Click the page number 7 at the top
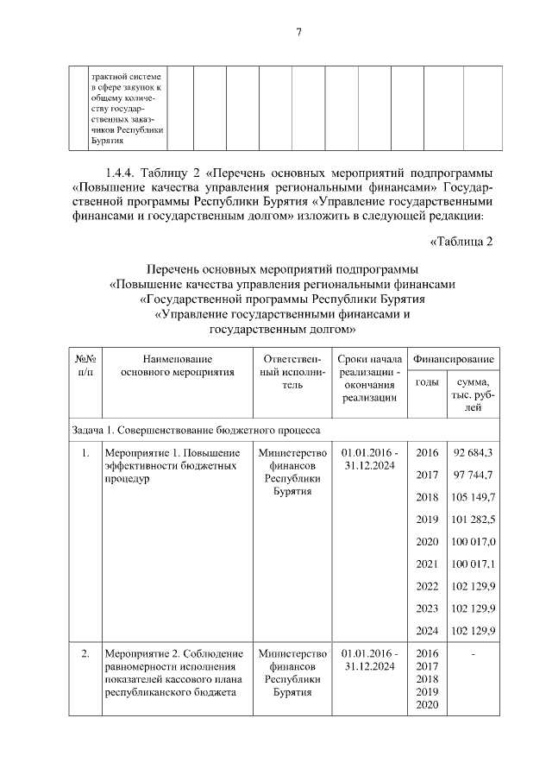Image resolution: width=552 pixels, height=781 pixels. pos(298,33)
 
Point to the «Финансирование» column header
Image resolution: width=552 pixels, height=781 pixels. pos(453,358)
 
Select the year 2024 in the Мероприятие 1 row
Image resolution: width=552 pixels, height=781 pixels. pos(427,631)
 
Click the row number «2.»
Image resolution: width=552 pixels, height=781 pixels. pos(85,653)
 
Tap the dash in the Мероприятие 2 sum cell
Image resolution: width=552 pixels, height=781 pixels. pos(473,653)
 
